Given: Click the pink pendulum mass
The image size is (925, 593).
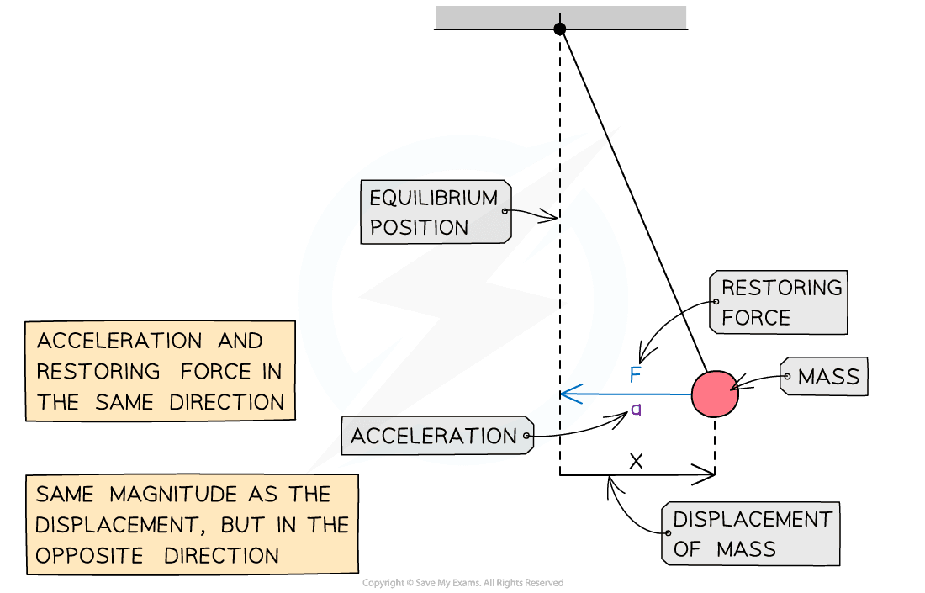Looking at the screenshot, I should click(715, 393).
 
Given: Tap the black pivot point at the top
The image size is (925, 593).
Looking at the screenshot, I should click(560, 29).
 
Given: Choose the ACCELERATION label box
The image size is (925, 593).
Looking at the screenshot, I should click(436, 436).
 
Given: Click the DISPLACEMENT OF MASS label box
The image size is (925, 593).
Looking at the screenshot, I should click(752, 534).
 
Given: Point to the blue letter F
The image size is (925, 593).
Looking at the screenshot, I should click(636, 374).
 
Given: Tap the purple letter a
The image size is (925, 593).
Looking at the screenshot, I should click(637, 410).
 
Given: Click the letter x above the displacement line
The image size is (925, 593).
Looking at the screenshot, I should click(637, 461).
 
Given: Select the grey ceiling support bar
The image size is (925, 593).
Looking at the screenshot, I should click(561, 16).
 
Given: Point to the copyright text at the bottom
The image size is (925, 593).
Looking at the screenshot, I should click(462, 583).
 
